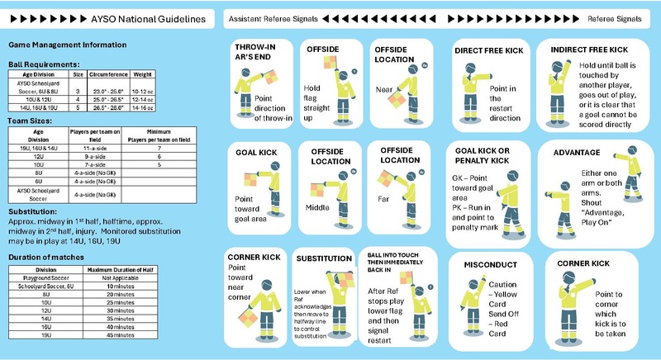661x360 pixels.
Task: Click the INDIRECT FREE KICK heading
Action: pyautogui.click(x=595, y=50)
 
